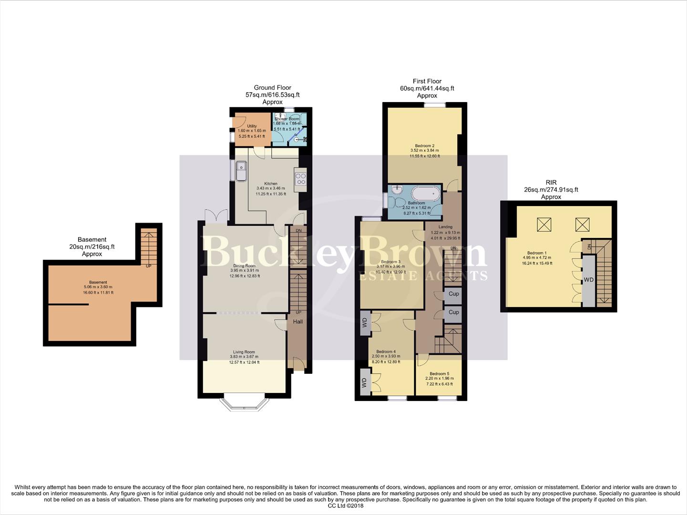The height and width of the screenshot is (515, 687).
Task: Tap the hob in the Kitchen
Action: (301, 179)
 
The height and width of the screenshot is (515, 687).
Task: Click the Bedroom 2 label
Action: (424, 146)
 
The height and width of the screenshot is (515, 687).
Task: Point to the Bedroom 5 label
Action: (439, 374)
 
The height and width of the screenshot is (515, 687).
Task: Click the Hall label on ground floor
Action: (298, 322)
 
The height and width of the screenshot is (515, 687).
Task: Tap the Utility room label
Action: (252, 126)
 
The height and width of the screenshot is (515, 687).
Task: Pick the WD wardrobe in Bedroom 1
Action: (589, 280)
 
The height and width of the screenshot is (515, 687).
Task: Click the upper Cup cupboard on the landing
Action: (453, 294)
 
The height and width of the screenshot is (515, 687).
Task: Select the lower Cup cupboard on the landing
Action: (453, 312)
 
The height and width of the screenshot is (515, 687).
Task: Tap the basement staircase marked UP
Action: (148, 248)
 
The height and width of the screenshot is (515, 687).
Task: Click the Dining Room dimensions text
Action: (245, 273)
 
